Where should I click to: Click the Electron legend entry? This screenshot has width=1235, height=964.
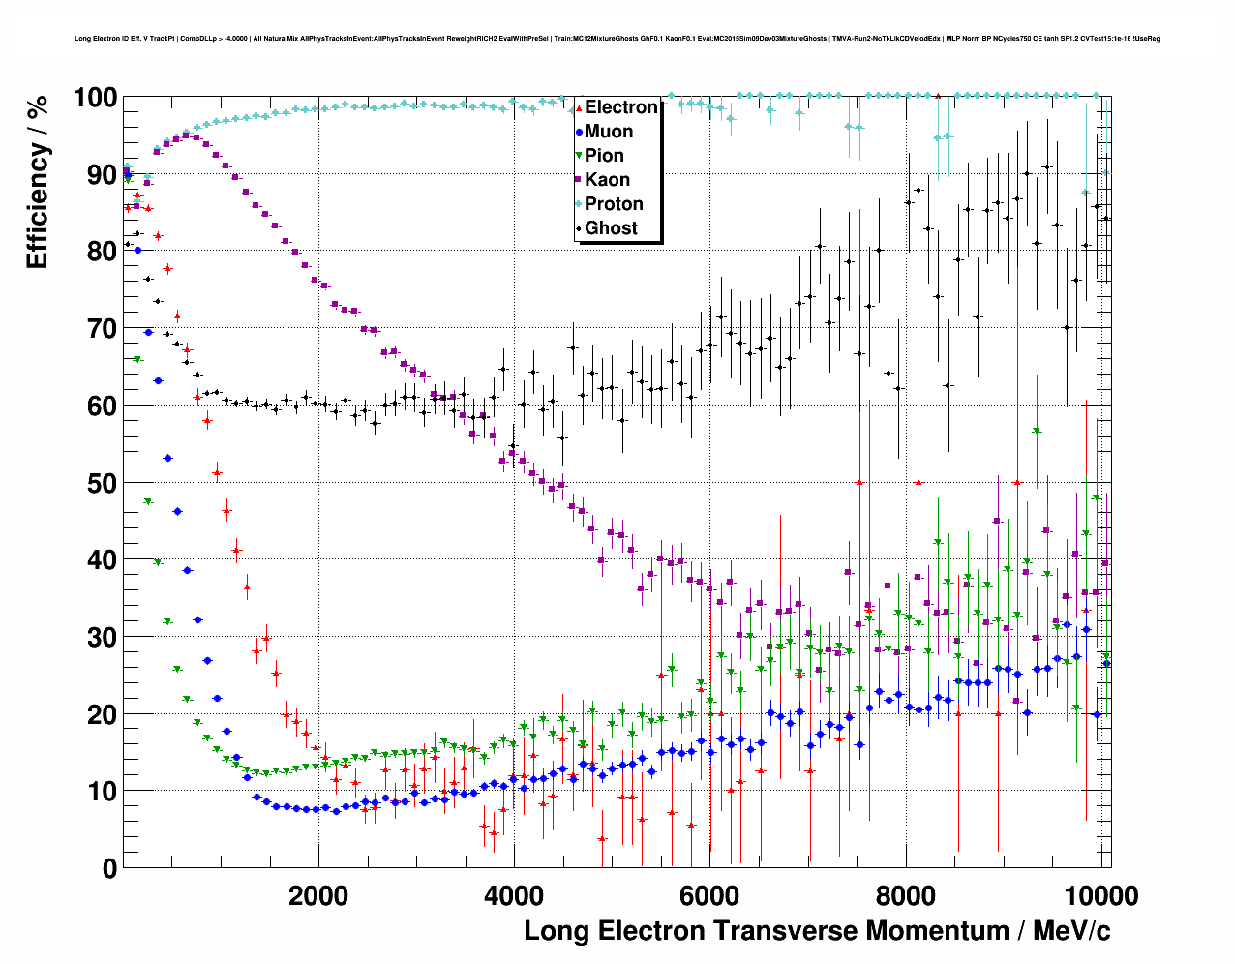click(x=620, y=107)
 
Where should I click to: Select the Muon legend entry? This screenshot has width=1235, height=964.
click(x=609, y=132)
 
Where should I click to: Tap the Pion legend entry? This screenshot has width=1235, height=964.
click(x=604, y=156)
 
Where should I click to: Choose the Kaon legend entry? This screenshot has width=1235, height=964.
click(x=607, y=180)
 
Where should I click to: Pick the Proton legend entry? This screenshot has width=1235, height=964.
click(x=614, y=204)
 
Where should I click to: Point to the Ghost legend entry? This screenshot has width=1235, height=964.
click(x=611, y=228)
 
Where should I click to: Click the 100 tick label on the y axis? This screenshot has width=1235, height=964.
click(x=95, y=98)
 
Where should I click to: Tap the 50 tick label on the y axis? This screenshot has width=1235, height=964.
click(x=102, y=483)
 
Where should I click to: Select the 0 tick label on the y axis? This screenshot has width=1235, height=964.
click(x=109, y=868)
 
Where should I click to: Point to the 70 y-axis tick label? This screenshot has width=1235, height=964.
click(x=102, y=329)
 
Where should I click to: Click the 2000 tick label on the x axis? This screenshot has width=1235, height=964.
click(x=318, y=896)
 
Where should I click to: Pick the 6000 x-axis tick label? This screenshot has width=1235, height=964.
click(x=709, y=896)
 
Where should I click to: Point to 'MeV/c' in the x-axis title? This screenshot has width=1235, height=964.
click(x=1071, y=931)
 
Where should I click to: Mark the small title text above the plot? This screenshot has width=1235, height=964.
click(x=617, y=39)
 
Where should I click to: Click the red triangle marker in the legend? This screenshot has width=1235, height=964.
click(x=579, y=107)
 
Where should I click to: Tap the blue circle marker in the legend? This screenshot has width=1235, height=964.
click(x=579, y=132)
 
